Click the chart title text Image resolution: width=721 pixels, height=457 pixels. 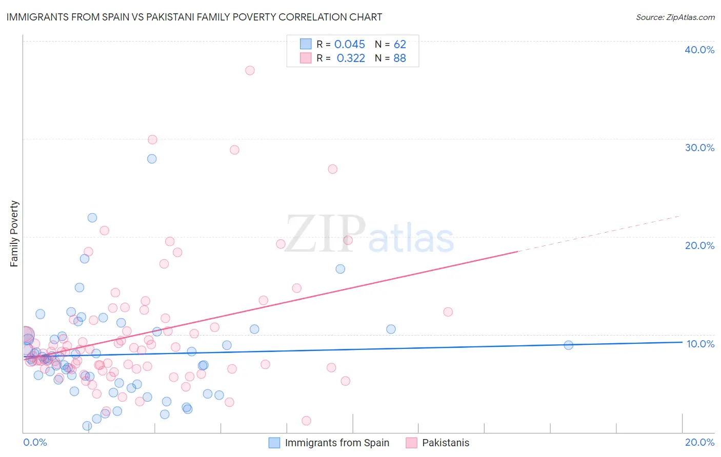[194, 17]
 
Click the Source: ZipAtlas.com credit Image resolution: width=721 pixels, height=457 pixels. [675, 17]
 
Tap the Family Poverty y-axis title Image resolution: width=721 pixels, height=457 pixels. [14, 234]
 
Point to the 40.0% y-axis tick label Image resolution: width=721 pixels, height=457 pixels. [699, 50]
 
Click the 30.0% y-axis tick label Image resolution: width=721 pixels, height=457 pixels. [699, 148]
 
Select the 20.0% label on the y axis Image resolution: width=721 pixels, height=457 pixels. [699, 245]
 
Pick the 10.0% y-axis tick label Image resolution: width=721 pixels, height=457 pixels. [699, 344]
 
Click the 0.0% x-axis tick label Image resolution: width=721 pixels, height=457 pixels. [35, 442]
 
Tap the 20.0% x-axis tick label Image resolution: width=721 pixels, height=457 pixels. [699, 442]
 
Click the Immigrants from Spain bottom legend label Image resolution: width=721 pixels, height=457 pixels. [337, 443]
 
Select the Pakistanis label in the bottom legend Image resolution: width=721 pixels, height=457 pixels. [446, 443]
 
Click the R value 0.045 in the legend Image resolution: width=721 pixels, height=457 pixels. [350, 45]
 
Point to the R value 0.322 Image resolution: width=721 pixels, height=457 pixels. [351, 58]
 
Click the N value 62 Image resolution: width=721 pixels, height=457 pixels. [400, 45]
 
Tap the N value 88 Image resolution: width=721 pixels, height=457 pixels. [400, 58]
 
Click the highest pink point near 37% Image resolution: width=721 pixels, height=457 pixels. [250, 71]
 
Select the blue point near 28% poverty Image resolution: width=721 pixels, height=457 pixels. [152, 159]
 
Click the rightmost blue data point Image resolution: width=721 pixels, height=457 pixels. [568, 345]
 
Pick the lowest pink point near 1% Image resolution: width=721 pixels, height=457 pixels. [306, 421]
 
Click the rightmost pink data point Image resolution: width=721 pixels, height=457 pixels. [448, 312]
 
